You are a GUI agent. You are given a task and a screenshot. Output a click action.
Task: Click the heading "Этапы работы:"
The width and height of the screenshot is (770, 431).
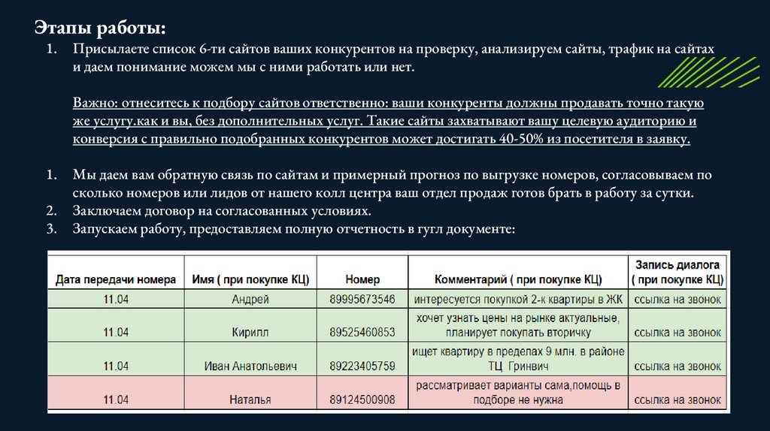point(99,28)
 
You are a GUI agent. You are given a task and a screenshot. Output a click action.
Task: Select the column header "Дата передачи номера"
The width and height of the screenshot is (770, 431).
point(117,279)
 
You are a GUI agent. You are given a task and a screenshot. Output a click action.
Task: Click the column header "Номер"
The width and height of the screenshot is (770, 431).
point(362,279)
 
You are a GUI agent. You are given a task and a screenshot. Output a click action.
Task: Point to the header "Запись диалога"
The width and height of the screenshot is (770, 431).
point(678,265)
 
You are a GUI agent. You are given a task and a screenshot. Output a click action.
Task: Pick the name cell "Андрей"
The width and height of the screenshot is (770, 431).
point(250,300)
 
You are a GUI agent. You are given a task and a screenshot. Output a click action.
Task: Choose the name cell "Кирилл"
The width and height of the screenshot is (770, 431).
point(250,333)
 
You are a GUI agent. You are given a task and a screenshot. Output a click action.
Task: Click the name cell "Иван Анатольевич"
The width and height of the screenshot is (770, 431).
point(250,366)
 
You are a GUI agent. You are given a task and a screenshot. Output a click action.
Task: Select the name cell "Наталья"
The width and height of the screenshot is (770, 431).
point(250,399)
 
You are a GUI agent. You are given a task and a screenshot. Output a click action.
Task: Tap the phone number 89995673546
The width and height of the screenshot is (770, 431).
point(362,300)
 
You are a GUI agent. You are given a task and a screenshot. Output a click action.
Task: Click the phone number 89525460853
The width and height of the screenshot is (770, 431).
point(362,333)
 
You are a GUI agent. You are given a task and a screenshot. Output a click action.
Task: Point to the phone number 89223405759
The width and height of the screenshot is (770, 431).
point(362,366)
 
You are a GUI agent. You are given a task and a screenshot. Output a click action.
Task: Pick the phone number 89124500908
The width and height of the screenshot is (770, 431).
point(362,399)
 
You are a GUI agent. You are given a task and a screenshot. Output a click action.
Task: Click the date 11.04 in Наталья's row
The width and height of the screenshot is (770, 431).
point(116,399)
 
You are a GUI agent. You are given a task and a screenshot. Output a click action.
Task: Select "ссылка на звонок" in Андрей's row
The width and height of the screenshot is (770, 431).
point(678,300)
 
